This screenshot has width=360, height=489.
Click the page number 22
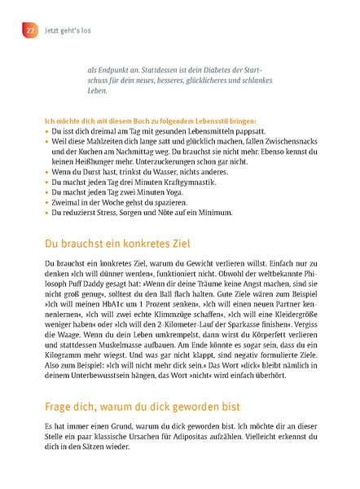coord(30,29)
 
